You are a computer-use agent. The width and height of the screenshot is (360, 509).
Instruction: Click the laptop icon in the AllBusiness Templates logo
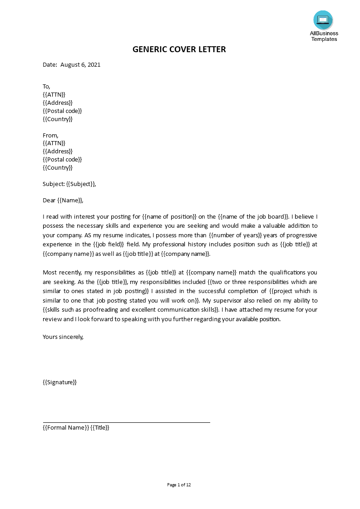tap(323, 20)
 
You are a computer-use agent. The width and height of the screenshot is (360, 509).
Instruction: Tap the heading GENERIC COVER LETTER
tap(179, 49)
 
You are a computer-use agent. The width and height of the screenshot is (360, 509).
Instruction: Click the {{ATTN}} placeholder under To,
tap(54, 94)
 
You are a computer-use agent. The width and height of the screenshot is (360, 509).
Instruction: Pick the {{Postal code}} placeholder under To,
tap(62, 111)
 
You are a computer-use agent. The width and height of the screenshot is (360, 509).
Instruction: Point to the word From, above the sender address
tap(50, 135)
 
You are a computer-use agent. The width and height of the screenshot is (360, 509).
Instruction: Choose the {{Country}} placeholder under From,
tap(57, 167)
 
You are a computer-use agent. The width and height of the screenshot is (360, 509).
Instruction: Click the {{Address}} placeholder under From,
tap(57, 151)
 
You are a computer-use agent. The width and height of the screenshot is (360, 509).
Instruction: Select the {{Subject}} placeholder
tap(80, 184)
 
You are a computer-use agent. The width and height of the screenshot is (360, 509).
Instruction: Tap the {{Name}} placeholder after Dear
tap(70, 200)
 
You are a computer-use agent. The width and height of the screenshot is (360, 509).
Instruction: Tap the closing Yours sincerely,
tap(63, 337)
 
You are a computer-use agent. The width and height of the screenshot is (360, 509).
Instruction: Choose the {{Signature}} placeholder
tap(59, 382)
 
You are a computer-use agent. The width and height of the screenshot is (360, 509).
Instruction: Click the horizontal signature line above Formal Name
tap(126, 422)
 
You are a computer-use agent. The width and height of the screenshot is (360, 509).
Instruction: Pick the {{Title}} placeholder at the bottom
tap(100, 427)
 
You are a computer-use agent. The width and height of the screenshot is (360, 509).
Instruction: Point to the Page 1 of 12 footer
tap(179, 485)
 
